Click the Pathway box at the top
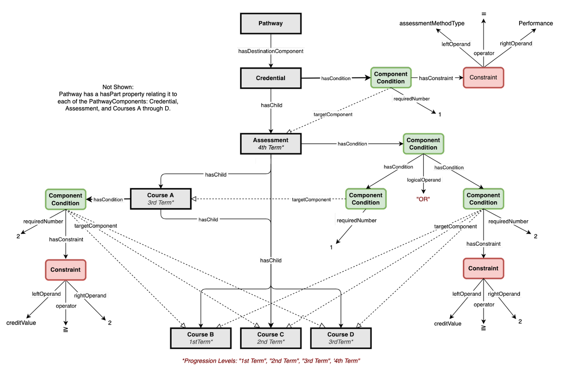tap(271, 23)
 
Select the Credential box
tap(271, 78)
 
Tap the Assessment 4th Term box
tap(271, 144)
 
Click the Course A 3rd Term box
tap(161, 199)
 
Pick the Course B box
tap(200, 338)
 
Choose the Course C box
tap(271, 338)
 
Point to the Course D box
tap(341, 338)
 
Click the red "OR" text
tap(423, 199)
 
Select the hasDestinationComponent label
tap(271, 51)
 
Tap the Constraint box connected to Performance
tap(483, 78)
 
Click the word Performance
tap(536, 23)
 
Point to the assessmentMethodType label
tap(432, 23)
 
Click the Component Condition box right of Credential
tap(391, 78)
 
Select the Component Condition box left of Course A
tap(65, 199)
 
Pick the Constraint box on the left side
tap(65, 270)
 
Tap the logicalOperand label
tap(424, 180)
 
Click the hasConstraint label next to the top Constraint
tap(436, 78)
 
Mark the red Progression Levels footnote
tap(271, 361)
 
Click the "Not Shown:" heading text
tap(118, 87)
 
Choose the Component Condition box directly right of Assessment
tap(423, 144)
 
